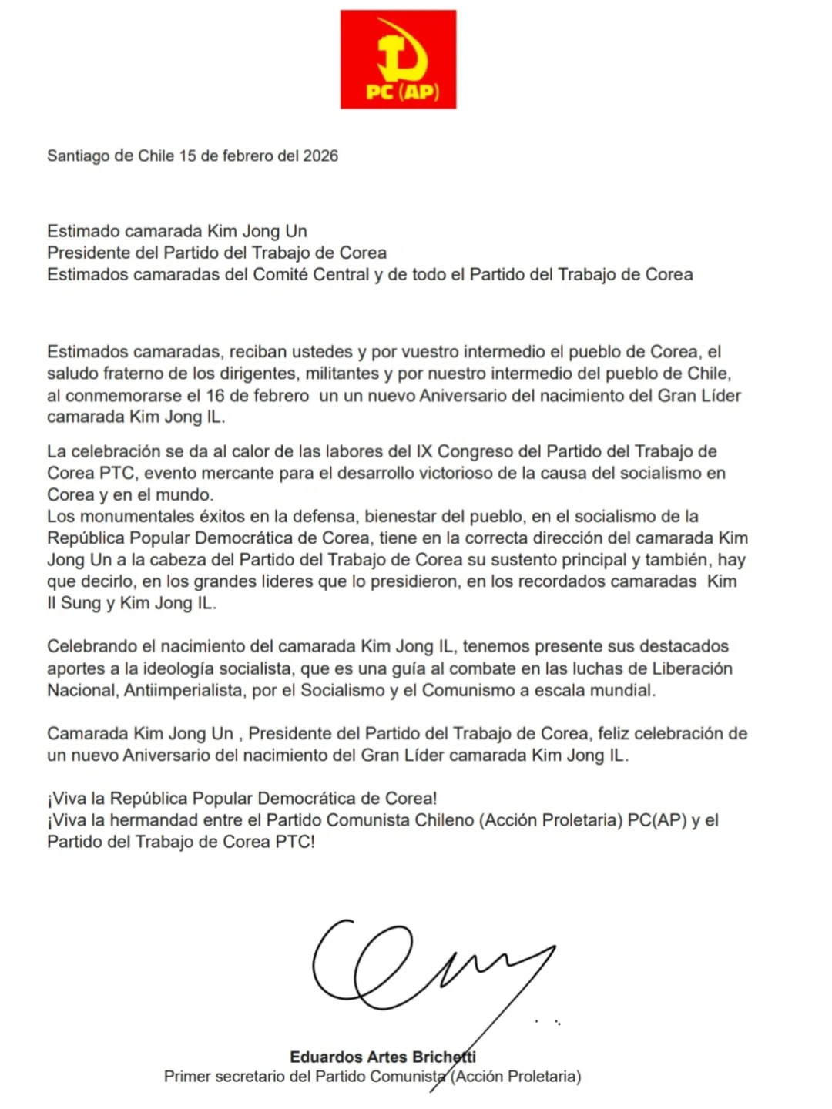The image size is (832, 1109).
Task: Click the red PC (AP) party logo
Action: [398, 59]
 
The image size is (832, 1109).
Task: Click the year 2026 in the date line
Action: [320, 156]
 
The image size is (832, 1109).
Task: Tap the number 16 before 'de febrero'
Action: [216, 396]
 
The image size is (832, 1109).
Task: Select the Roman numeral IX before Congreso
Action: [424, 451]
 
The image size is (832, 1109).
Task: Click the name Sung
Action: [81, 603]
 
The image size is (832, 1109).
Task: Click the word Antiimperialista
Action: [185, 690]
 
